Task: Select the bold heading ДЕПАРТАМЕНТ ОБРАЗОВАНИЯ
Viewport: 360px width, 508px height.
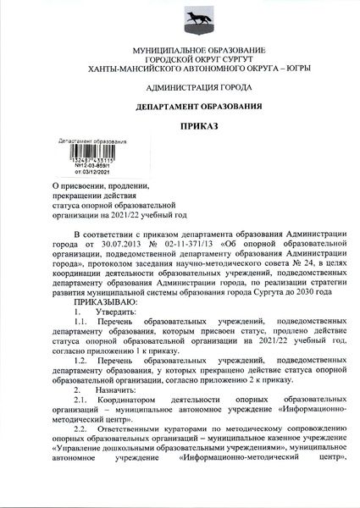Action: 180,106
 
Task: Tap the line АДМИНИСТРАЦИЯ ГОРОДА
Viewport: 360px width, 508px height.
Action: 180,87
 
